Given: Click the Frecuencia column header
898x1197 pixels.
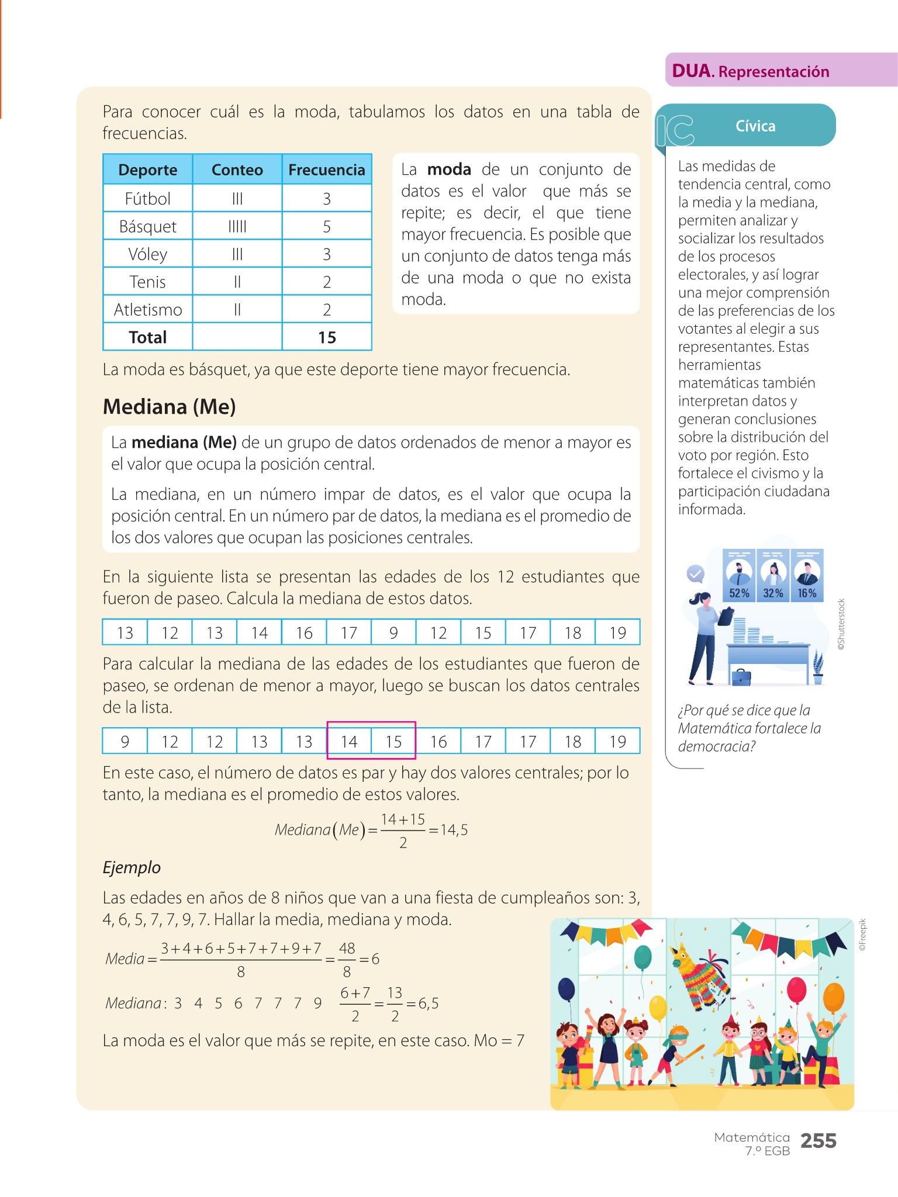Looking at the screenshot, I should [x=326, y=169].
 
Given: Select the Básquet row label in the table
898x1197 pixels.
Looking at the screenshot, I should [x=147, y=226].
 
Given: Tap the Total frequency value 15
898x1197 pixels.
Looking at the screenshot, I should [x=327, y=337].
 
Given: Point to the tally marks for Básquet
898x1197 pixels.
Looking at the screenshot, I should [x=237, y=226].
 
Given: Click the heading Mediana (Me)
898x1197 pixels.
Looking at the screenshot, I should [x=169, y=407].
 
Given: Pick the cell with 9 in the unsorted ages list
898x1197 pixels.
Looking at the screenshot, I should [x=393, y=632].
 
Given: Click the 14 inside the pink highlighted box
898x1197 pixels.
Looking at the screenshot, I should [x=349, y=742].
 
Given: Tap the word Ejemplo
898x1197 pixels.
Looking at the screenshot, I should [x=132, y=867].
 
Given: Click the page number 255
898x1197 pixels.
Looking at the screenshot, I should [x=818, y=1141].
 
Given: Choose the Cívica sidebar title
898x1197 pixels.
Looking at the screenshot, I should [x=755, y=126].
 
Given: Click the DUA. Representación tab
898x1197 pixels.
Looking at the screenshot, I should [x=751, y=71].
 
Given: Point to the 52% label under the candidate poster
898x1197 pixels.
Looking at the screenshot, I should [x=739, y=593].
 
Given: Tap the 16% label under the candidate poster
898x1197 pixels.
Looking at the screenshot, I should [x=807, y=593].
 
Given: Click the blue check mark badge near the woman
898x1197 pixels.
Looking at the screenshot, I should [x=695, y=574].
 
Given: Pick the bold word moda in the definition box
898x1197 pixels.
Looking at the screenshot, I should [x=449, y=169].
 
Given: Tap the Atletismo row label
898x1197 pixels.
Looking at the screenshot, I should [x=147, y=310].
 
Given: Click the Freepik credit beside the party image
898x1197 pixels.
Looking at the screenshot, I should [x=863, y=935].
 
